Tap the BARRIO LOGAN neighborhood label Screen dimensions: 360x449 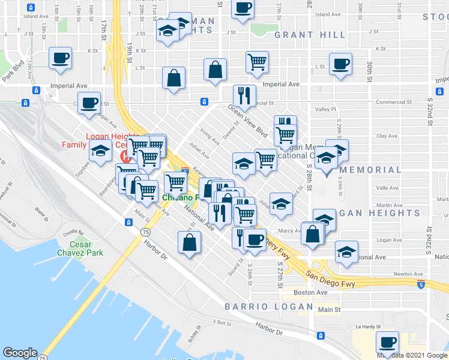(x=269, y=307)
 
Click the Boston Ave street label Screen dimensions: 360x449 (x=315, y=293)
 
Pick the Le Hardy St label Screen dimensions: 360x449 (x=368, y=327)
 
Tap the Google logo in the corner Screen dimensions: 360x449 (x=20, y=353)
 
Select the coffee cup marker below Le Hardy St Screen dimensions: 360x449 (x=388, y=343)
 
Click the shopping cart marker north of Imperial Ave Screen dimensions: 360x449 (x=257, y=62)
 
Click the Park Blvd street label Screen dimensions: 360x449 (x=13, y=70)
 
